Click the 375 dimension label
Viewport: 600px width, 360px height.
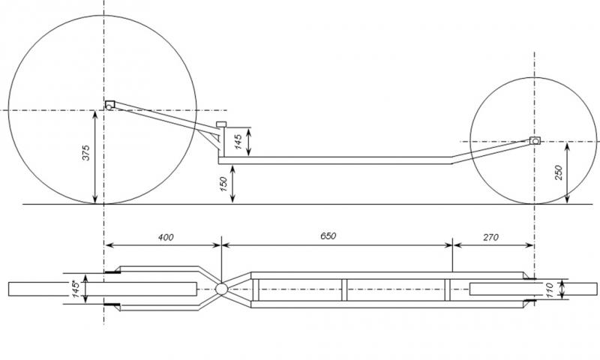click(x=86, y=153)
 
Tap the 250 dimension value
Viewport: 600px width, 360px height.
click(x=558, y=172)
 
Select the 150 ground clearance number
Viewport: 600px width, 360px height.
click(x=223, y=184)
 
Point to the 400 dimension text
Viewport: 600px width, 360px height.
click(x=166, y=237)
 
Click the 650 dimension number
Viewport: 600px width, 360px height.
click(x=328, y=235)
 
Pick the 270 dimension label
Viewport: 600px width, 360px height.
click(x=491, y=237)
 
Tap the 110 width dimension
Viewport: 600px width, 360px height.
click(x=550, y=289)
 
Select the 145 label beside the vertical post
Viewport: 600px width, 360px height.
click(x=238, y=142)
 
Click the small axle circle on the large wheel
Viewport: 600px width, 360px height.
click(x=109, y=107)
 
